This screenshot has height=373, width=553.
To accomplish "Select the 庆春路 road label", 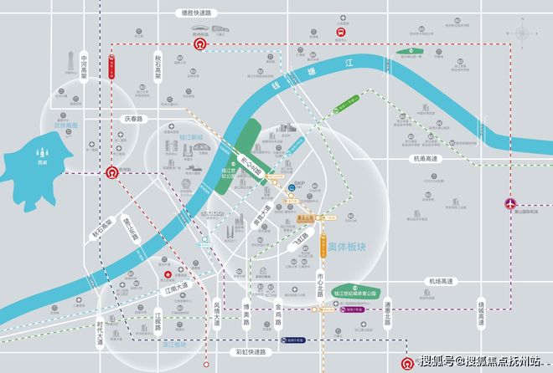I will pyautogui.click(x=133, y=119).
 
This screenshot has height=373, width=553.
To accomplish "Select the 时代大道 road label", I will pyautogui.click(x=100, y=332).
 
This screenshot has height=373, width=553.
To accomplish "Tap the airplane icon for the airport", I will pyautogui.click(x=510, y=203).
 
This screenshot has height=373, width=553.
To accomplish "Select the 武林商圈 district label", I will pyautogui.click(x=65, y=125).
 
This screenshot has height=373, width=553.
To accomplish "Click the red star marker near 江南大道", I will pyautogui.click(x=167, y=273).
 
